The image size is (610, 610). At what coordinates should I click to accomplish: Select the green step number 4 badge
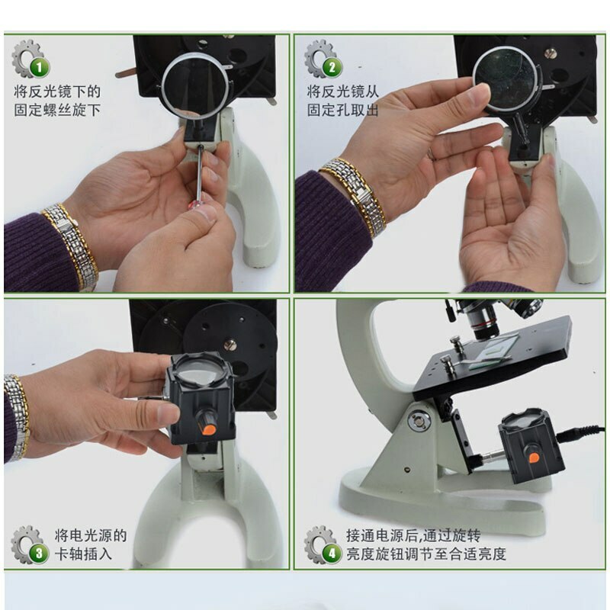[331, 553]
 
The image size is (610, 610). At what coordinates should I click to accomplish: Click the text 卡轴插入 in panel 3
[83, 554]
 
